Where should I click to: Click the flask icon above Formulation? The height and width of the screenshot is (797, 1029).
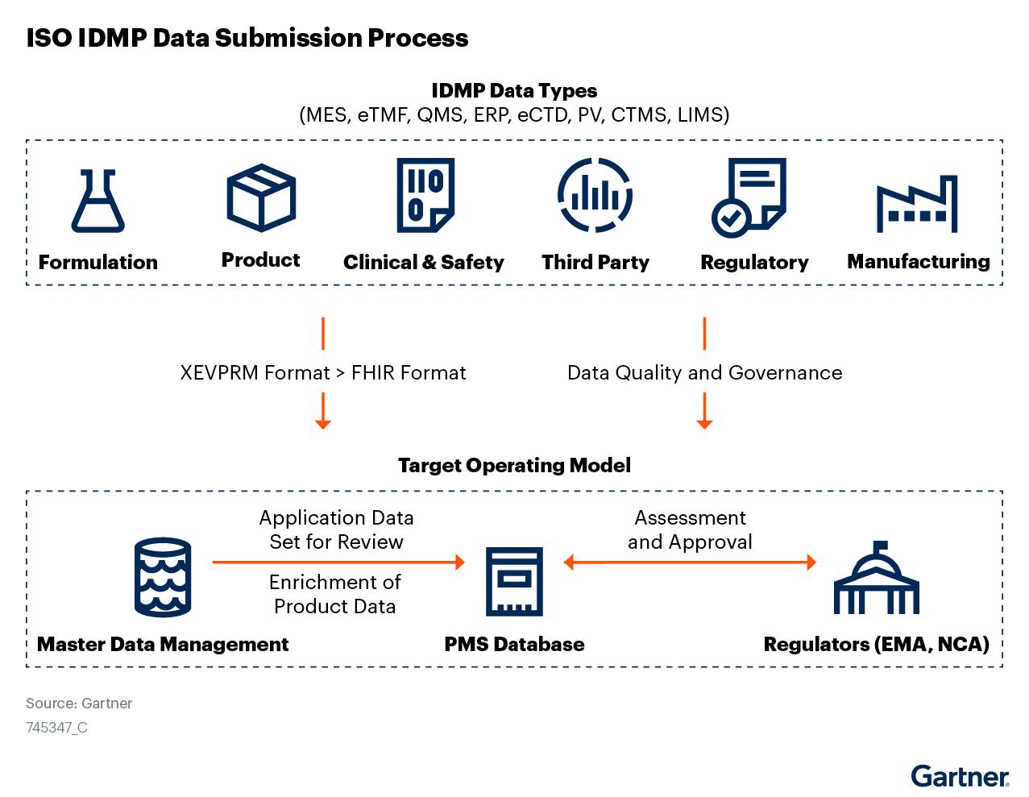98,201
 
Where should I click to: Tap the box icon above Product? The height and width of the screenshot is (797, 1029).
261,198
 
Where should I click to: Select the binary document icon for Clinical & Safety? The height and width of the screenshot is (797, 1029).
425,195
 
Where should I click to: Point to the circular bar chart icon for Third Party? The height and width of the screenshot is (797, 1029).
595,195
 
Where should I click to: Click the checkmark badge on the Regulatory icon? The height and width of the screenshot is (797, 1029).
731,218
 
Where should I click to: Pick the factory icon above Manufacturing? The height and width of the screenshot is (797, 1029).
917,204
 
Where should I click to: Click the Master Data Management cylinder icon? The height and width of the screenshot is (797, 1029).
163,577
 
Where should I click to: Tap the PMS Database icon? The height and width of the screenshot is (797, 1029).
514,582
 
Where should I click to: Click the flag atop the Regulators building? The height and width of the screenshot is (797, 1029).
880,545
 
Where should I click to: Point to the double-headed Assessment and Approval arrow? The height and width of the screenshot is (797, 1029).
690,562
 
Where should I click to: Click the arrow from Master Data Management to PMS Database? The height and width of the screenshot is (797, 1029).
338,562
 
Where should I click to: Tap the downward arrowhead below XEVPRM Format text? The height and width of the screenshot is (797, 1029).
323,423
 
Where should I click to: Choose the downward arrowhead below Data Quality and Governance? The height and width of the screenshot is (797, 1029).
704,423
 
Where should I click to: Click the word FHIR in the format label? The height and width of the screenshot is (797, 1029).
374,373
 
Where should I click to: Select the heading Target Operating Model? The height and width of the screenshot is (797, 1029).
514,466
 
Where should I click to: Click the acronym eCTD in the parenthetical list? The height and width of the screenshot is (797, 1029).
543,115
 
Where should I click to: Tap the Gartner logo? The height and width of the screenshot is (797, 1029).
960,776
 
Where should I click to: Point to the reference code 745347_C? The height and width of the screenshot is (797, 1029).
57,728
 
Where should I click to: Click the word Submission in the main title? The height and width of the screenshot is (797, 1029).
288,38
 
